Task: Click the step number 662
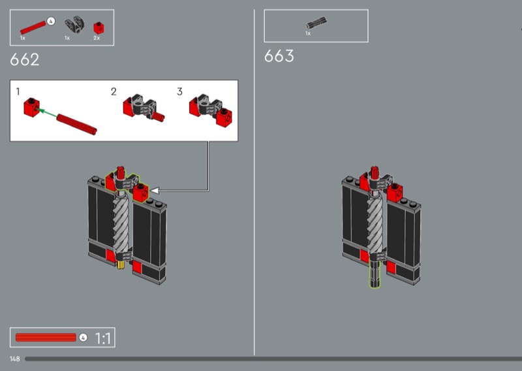click(25, 59)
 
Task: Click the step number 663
click(279, 56)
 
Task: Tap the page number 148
click(14, 359)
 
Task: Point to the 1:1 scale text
click(103, 338)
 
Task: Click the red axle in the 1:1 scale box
click(46, 337)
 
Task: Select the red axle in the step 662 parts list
click(33, 27)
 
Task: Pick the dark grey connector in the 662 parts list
click(74, 25)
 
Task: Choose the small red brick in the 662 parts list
click(99, 28)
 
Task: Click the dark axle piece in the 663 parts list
click(316, 24)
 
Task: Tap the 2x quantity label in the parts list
click(97, 38)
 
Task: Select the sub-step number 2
click(114, 91)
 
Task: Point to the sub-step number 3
click(180, 91)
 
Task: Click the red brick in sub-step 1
click(31, 107)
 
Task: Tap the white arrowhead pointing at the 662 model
click(155, 190)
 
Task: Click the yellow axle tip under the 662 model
click(121, 265)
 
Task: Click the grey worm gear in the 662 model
click(121, 224)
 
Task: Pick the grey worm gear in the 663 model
click(375, 224)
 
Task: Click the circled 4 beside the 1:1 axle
click(84, 337)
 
